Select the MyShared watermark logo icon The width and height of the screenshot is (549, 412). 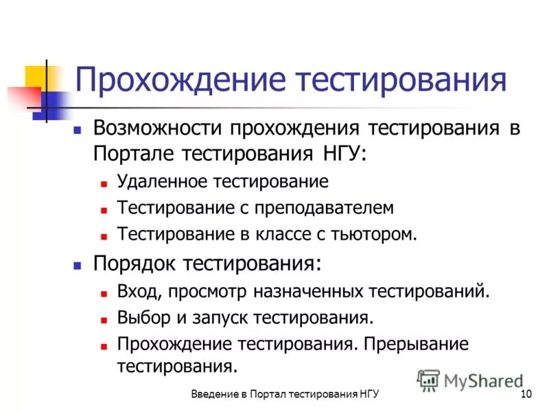tap(429, 380)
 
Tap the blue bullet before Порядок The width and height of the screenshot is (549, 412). tap(78, 264)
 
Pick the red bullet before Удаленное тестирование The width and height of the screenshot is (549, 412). tap(103, 184)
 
